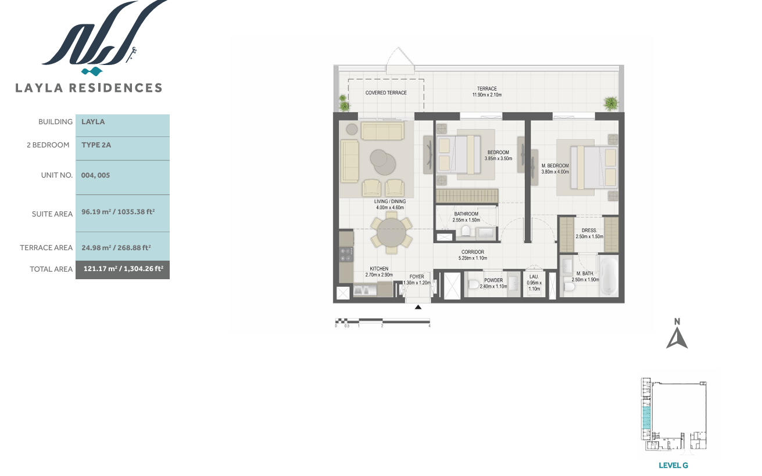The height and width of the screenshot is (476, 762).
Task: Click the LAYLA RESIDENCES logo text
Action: tap(88, 88)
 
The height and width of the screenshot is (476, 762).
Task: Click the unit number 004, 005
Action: tap(95, 175)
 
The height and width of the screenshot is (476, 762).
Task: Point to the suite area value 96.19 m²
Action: tap(96, 212)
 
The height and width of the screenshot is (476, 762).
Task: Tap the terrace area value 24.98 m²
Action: tap(96, 248)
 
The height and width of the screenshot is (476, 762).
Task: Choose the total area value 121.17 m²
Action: tap(101, 269)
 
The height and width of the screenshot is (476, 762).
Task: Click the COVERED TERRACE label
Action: tap(386, 93)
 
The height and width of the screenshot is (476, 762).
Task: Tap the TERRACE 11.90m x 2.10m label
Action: tap(487, 92)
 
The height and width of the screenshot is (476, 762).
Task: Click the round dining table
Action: tap(392, 232)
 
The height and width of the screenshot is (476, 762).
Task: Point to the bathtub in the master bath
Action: tap(608, 276)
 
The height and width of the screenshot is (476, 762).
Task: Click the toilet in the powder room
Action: tap(473, 284)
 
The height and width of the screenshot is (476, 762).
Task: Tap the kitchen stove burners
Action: tap(346, 255)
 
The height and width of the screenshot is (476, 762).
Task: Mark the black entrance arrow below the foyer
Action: tap(418, 307)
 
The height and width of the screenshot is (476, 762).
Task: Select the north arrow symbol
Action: tap(677, 338)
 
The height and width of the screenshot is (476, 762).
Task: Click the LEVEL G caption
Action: tap(673, 466)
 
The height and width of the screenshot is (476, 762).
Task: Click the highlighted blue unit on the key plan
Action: tap(646, 417)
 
